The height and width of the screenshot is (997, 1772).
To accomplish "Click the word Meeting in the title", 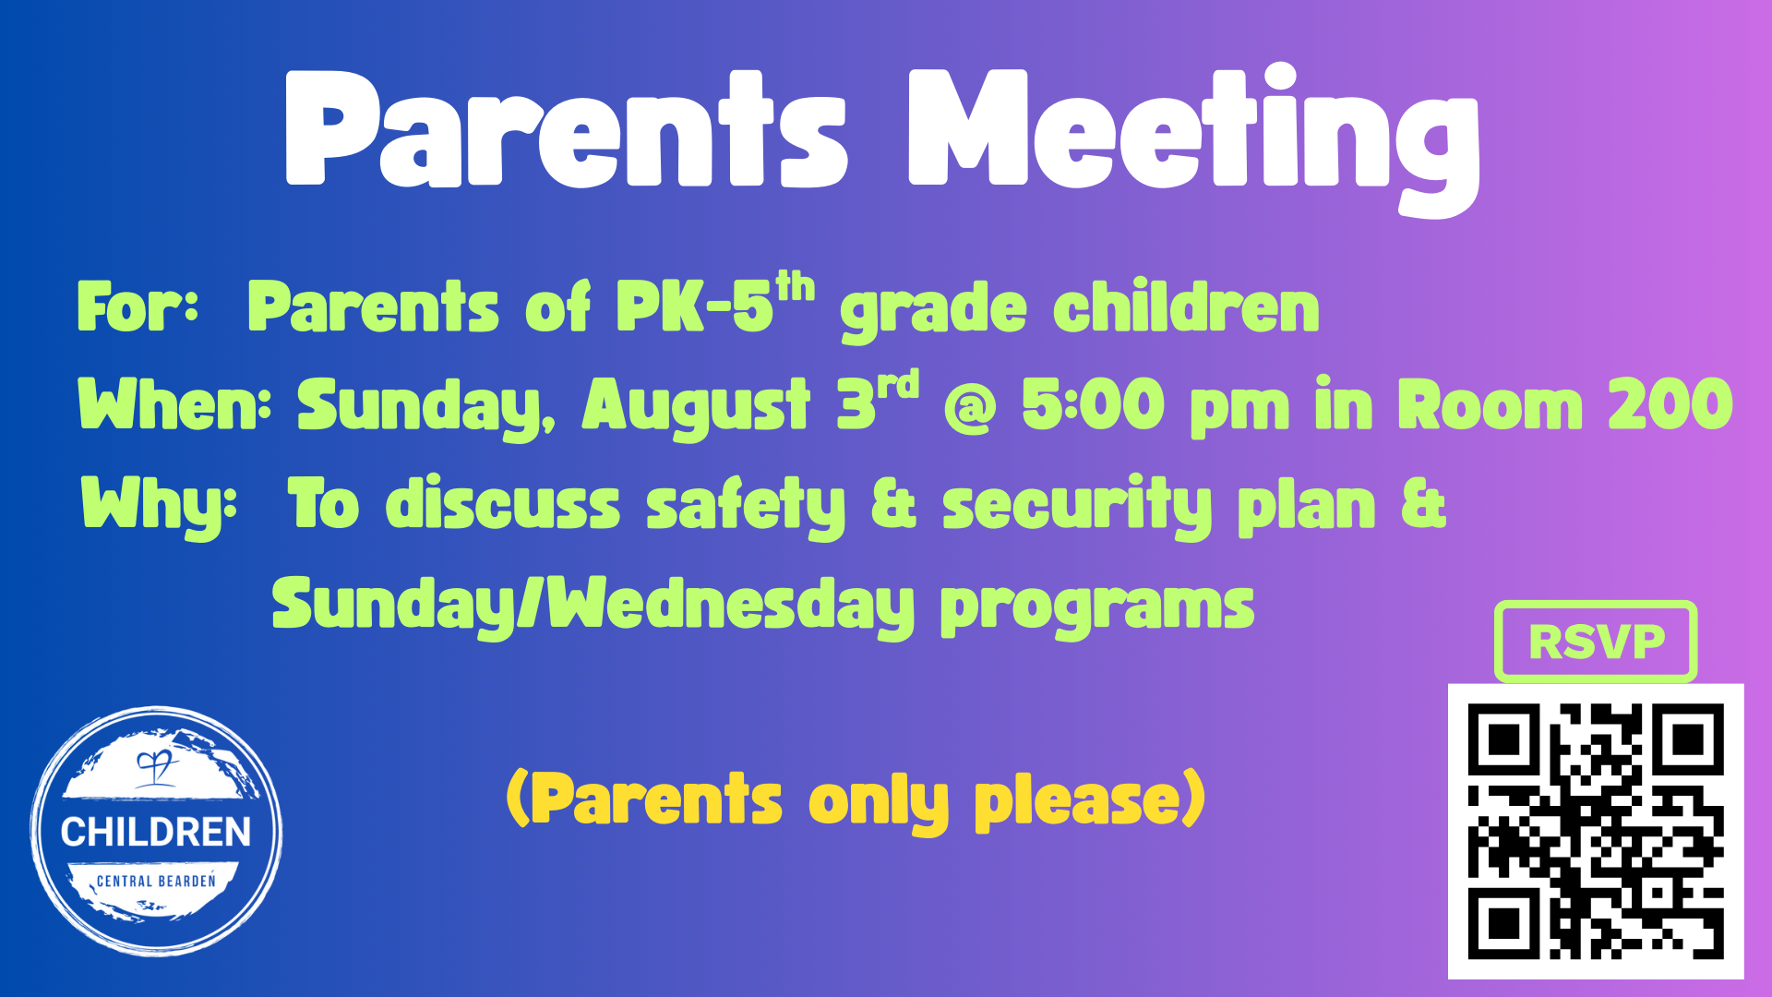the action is tap(1194, 138).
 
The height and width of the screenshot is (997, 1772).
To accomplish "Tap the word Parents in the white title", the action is tap(566, 129).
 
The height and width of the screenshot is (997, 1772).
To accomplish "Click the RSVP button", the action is tap(1596, 642).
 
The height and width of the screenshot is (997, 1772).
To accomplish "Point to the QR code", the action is tap(1596, 831).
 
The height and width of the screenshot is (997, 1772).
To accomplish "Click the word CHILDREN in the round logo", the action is tap(156, 832).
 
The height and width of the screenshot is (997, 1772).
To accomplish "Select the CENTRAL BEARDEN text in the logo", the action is tap(156, 881).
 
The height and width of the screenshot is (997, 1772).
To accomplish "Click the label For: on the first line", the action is tap(138, 306).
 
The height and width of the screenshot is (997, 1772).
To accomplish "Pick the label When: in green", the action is tap(174, 404).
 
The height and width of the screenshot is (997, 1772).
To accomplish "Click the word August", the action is tap(696, 406).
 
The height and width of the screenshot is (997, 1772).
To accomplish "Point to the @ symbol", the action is tap(970, 409).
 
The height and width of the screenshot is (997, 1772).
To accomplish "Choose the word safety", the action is tap(746, 506).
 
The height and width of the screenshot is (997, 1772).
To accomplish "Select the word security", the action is tap(1077, 506).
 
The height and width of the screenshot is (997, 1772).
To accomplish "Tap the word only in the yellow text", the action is tap(879, 801).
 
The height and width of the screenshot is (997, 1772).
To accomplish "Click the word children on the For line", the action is tap(1186, 306).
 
